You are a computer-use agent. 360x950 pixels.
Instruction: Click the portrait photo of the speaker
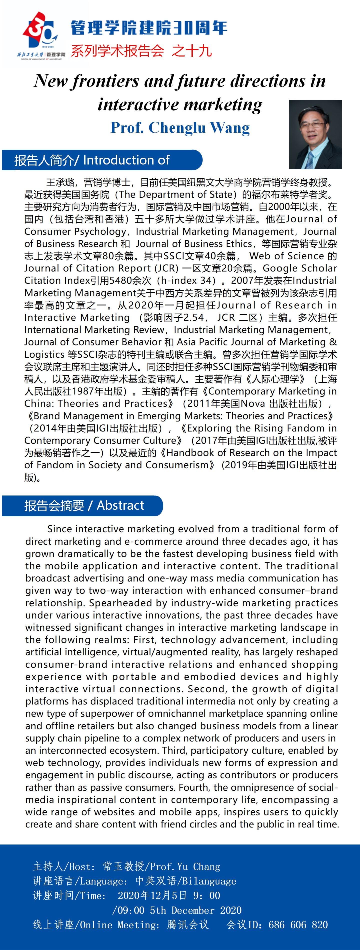point(315,134)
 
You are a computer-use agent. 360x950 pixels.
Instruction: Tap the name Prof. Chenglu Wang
point(180,127)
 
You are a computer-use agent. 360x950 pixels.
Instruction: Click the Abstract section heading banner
point(83,505)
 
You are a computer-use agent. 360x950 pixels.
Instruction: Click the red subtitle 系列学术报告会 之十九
point(141,50)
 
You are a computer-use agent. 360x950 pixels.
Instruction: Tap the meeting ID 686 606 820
point(298,924)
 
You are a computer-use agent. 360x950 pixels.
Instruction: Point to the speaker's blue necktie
point(309,160)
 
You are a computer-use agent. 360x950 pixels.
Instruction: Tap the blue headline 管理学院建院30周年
point(149,28)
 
